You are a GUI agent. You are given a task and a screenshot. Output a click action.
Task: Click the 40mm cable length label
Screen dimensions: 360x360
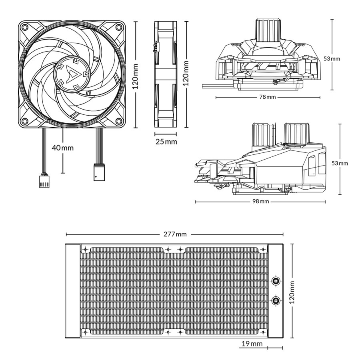tap(63, 148)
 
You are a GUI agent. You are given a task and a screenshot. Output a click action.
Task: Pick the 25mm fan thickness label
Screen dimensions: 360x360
tap(166, 141)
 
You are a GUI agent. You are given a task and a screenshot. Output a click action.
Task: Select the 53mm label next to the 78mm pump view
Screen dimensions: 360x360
tap(332, 58)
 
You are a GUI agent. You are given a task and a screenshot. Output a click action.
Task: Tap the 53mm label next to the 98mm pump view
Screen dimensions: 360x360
tap(340, 163)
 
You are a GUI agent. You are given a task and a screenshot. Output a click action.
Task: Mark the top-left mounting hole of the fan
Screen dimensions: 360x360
tap(25, 27)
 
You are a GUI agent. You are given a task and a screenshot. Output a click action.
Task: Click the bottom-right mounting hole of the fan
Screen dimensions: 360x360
tap(119, 121)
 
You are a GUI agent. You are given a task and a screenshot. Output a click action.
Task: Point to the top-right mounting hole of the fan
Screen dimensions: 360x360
tap(119, 27)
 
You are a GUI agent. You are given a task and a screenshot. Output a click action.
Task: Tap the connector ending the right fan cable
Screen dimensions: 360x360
tap(98, 172)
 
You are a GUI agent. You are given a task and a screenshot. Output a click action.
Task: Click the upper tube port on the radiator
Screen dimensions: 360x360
tap(275, 280)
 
